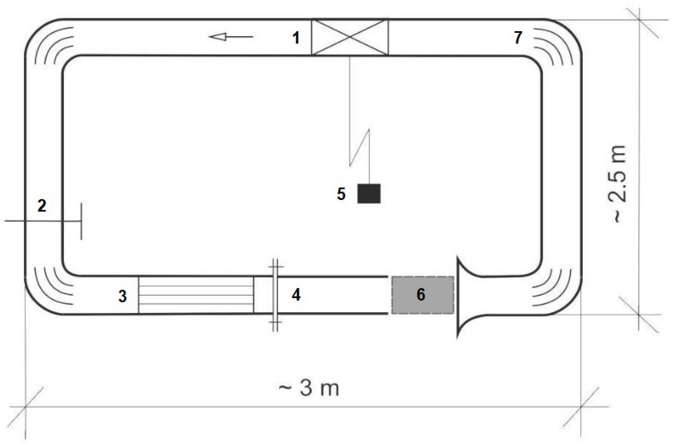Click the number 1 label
coord(296,38)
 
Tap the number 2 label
coord(42,206)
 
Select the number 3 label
coord(122,296)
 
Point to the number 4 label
coord(296,295)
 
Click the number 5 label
coord(341,194)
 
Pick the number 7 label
coord(518,37)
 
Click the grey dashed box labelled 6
coord(422,295)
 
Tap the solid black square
coord(369,194)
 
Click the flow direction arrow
coord(231,36)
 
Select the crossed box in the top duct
coord(350,37)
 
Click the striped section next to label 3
coord(196,295)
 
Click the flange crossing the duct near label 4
coord(275,295)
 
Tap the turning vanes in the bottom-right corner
coord(552,287)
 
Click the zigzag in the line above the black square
coord(360,147)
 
